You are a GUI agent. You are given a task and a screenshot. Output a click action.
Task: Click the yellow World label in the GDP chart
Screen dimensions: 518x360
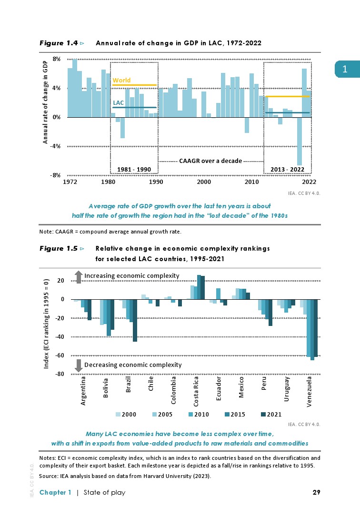point(121,81)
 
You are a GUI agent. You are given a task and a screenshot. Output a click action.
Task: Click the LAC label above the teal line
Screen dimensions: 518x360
point(118,102)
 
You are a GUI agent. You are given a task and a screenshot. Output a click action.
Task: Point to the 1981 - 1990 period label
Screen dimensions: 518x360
point(134,170)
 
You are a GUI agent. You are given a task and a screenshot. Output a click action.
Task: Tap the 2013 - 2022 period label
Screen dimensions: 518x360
point(287,170)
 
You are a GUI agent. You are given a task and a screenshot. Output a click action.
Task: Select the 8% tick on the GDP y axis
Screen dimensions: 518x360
point(57,59)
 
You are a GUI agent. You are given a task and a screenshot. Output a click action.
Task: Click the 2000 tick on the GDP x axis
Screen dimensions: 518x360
point(204,182)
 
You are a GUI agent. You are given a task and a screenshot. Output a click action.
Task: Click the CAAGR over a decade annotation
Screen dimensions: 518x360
point(210,161)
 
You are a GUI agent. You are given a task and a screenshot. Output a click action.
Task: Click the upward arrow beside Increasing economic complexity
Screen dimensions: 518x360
point(79,276)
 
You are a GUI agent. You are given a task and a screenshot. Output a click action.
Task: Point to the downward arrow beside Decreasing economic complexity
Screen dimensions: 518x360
point(79,365)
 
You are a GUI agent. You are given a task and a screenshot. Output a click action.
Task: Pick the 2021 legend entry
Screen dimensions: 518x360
point(271,414)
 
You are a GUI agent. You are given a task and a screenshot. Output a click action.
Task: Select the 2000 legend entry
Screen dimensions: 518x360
point(125,414)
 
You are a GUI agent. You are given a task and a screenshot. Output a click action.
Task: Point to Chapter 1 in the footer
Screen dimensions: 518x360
point(55,492)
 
